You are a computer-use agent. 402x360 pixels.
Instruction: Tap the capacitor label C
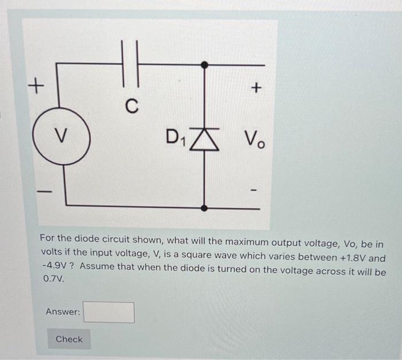click(x=132, y=106)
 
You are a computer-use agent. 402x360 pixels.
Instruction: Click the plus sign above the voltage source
click(x=36, y=87)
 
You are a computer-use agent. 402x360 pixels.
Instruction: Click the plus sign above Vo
click(x=256, y=88)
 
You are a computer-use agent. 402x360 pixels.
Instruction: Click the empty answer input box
click(x=109, y=312)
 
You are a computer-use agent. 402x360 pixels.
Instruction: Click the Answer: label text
click(x=63, y=312)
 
